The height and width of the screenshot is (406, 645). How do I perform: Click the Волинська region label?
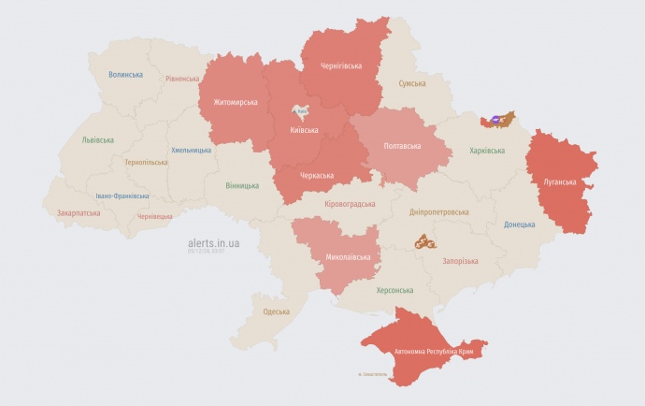pyautogui.click(x=125, y=74)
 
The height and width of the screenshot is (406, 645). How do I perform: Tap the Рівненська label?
pyautogui.click(x=181, y=80)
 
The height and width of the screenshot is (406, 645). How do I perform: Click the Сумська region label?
pyautogui.click(x=412, y=83)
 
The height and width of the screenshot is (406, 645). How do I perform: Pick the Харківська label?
pyautogui.click(x=486, y=150)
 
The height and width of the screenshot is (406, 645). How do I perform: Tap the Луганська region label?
pyautogui.click(x=560, y=181)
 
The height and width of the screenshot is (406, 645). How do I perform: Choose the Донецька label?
pyautogui.click(x=520, y=225)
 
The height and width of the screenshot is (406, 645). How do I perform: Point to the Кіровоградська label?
pyautogui.click(x=350, y=203)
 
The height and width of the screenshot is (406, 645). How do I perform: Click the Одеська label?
pyautogui.click(x=276, y=312)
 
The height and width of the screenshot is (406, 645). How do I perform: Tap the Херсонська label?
pyautogui.click(x=394, y=290)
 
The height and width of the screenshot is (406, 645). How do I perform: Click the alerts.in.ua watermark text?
pyautogui.click(x=214, y=242)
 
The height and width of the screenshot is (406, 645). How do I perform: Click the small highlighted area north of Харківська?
pyautogui.click(x=497, y=119)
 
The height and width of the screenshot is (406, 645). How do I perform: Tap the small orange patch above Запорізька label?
pyautogui.click(x=425, y=241)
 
